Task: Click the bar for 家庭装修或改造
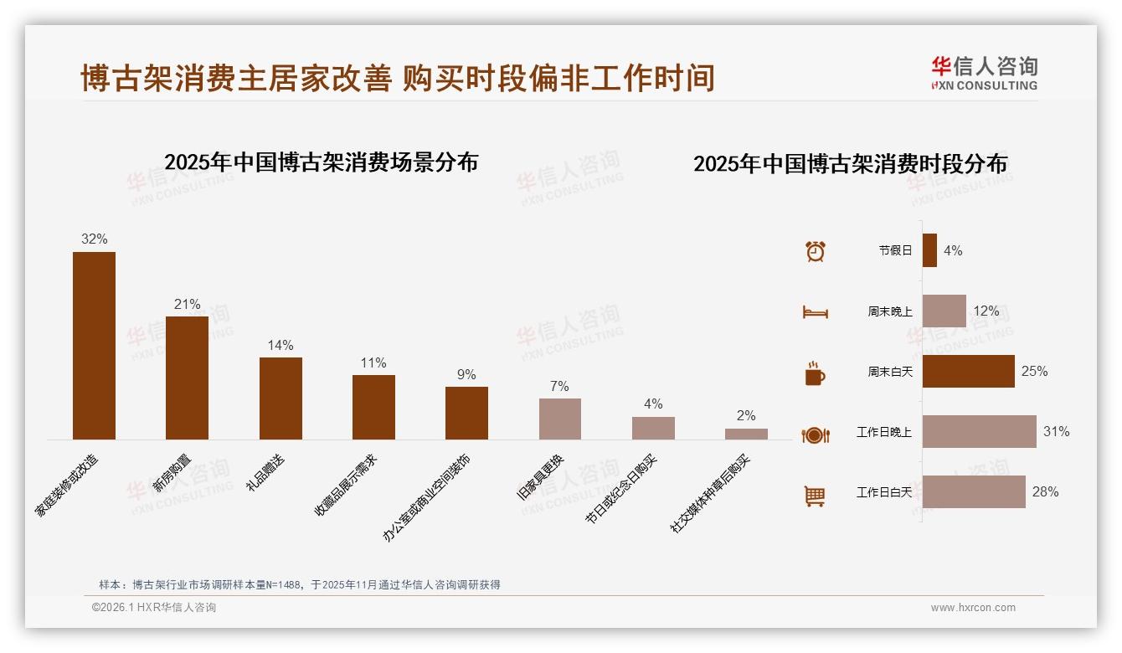pos(94,345)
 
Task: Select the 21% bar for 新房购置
pos(187,378)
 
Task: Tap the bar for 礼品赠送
pos(280,398)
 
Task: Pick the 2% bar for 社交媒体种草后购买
pos(746,434)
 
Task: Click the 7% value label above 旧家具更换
pos(559,386)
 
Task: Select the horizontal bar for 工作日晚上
pos(979,432)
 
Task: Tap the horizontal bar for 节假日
pos(929,250)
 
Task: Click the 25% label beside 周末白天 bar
pos(1034,371)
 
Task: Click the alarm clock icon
pos(815,251)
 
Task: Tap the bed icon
pos(815,312)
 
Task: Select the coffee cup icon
pos(815,373)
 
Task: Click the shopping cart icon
pos(815,496)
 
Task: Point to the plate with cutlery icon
pos(815,434)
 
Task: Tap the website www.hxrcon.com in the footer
pos(972,608)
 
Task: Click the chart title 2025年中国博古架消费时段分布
pos(850,164)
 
